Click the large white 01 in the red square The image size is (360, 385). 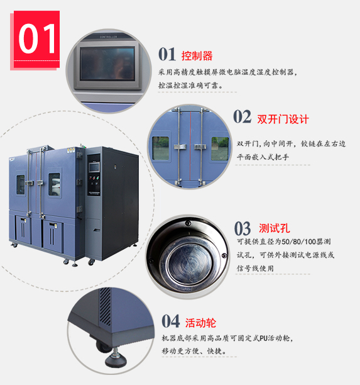pyautogui.click(x=37, y=38)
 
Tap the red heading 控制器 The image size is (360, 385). pyautogui.click(x=197, y=56)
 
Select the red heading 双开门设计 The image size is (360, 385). pyautogui.click(x=283, y=120)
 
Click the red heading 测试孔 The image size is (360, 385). pyautogui.click(x=275, y=228)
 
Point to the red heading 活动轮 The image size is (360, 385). pyautogui.click(x=200, y=323)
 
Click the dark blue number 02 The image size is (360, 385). pyautogui.click(x=243, y=116)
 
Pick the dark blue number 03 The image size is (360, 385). pyautogui.click(x=243, y=228)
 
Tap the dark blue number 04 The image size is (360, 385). pyautogui.click(x=171, y=321)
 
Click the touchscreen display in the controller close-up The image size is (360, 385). pyautogui.click(x=107, y=64)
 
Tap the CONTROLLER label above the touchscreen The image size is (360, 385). pyautogui.click(x=109, y=37)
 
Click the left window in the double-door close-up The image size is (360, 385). pyautogui.click(x=161, y=148)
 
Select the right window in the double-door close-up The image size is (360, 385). pyautogui.click(x=220, y=149)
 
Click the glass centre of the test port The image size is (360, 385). pyautogui.click(x=189, y=264)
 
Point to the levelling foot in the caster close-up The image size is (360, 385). pyautogui.click(x=116, y=358)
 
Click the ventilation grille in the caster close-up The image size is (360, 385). pyautogui.click(x=105, y=306)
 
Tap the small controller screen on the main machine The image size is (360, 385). pyautogui.click(x=94, y=167)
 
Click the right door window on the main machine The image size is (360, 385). pyautogui.click(x=54, y=184)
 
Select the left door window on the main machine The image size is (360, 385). pyautogui.click(x=20, y=185)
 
